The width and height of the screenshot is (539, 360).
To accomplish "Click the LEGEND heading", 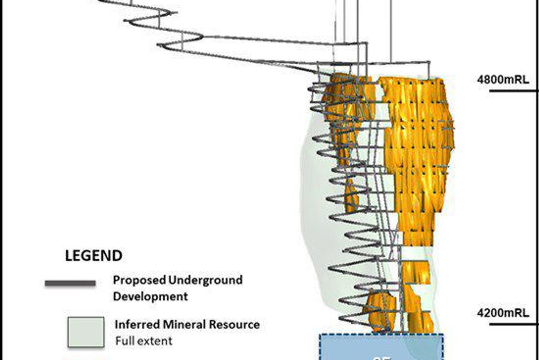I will pos(93,256).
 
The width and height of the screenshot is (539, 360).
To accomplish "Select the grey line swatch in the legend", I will pos(70,283).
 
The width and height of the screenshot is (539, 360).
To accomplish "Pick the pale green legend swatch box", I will pos(86,332).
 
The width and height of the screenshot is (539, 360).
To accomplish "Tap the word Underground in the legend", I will pos(205,280).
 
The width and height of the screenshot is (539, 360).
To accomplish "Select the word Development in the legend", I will pos(150,297).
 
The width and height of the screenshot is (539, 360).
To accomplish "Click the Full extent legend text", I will pos(143,341).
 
